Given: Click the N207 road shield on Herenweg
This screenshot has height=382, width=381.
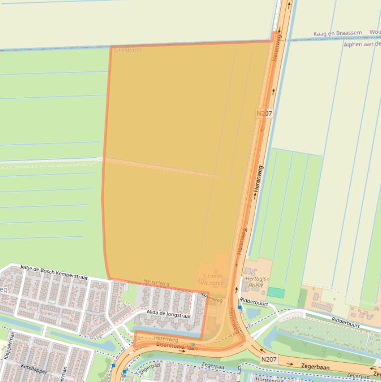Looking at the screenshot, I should tap(264, 113).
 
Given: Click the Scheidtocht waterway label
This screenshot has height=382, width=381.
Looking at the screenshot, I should tap(127, 51).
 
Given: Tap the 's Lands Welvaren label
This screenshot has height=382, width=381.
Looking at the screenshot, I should tap(213, 279).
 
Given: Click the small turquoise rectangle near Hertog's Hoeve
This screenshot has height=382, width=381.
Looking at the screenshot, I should tap(276, 293).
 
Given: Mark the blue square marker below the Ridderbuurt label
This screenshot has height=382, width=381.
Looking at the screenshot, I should tap(240, 308).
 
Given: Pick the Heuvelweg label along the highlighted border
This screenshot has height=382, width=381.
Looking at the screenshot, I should tap(156, 283).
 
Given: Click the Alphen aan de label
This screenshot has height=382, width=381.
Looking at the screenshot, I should tap(362, 44).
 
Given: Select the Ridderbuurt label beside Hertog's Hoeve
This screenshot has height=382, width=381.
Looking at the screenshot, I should tap(253, 301).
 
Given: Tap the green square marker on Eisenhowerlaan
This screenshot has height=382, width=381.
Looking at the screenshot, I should tap(193, 344).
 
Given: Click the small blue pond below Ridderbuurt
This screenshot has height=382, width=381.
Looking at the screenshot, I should tap(253, 314).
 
